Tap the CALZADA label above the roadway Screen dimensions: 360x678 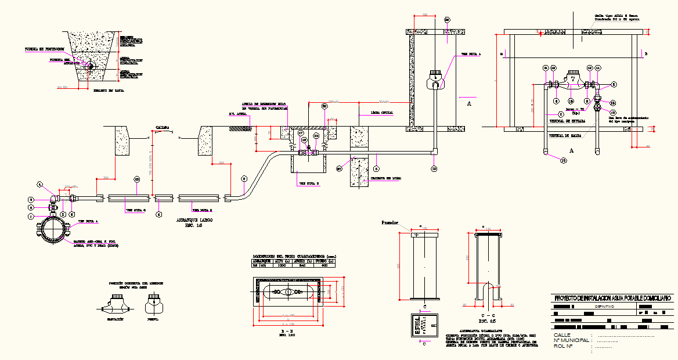(x=162, y=126)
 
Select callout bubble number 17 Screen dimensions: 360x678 (x=301, y=133)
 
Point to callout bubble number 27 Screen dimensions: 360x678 (x=339, y=169)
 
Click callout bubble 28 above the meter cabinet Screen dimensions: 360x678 (x=447, y=20)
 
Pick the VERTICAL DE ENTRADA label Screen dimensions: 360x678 (x=567, y=121)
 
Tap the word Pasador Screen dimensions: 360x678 (x=390, y=222)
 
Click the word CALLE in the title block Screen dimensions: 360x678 (x=562, y=335)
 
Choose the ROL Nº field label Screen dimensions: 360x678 (x=562, y=347)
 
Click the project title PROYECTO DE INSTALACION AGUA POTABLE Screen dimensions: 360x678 (x=613, y=298)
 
